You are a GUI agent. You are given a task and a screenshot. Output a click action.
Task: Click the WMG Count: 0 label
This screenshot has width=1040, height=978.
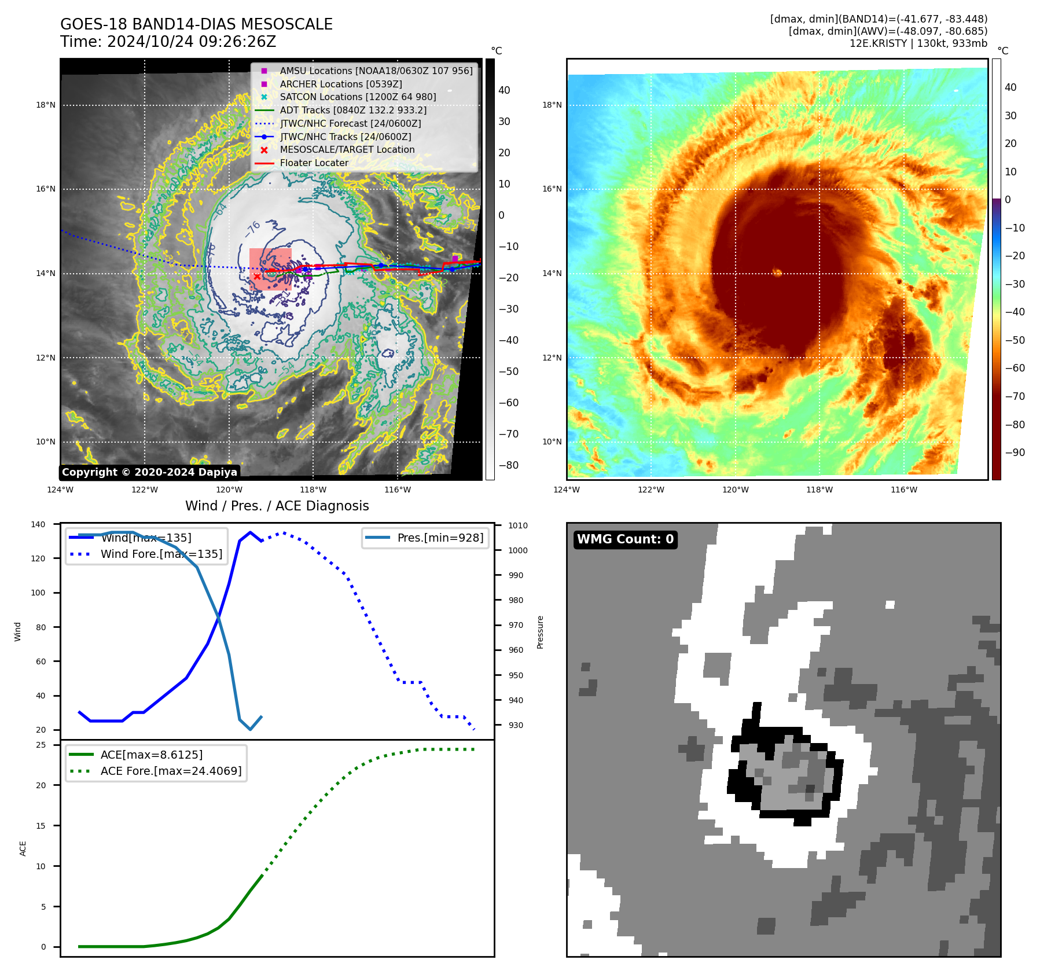[x=625, y=539]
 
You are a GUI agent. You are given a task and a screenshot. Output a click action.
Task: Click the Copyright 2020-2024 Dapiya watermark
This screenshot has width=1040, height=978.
[x=149, y=472]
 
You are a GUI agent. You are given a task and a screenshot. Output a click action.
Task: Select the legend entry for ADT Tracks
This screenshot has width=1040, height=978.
[x=353, y=110]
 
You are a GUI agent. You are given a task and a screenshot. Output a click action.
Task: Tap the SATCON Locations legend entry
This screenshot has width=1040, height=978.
[x=358, y=97]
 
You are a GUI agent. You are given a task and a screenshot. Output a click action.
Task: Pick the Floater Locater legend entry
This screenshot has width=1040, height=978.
[x=314, y=163]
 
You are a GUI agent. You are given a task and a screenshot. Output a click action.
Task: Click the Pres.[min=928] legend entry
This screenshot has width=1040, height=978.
[x=440, y=538]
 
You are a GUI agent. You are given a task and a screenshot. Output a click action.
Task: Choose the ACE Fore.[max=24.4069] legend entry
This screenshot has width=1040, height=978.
[x=171, y=771]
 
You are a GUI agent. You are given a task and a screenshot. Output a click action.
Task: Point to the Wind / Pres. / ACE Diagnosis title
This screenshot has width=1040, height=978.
[x=277, y=506]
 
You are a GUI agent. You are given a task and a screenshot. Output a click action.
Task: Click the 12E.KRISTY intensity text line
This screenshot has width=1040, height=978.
[x=918, y=43]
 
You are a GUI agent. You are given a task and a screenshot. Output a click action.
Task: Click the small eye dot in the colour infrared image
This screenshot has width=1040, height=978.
[x=777, y=272]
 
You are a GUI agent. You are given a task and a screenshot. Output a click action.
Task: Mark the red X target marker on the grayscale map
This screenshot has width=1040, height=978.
[x=257, y=277]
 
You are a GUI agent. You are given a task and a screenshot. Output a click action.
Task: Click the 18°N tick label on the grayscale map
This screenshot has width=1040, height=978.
[x=46, y=105]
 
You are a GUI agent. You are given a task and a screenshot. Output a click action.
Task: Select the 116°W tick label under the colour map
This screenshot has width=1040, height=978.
[x=903, y=490]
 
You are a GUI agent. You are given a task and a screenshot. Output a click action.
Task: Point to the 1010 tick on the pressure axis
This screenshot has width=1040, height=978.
[x=517, y=525]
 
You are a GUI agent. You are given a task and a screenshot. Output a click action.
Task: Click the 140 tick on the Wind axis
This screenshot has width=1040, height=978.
[x=38, y=524]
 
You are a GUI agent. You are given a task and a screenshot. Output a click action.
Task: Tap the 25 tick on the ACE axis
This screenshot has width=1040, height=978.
[x=41, y=745]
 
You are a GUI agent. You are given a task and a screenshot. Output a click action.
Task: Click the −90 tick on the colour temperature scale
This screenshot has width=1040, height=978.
[x=1015, y=453]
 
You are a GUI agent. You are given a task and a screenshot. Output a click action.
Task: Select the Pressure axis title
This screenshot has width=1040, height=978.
[x=540, y=632]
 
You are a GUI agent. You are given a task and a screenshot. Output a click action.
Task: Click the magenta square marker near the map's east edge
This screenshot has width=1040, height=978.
[x=455, y=258]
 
